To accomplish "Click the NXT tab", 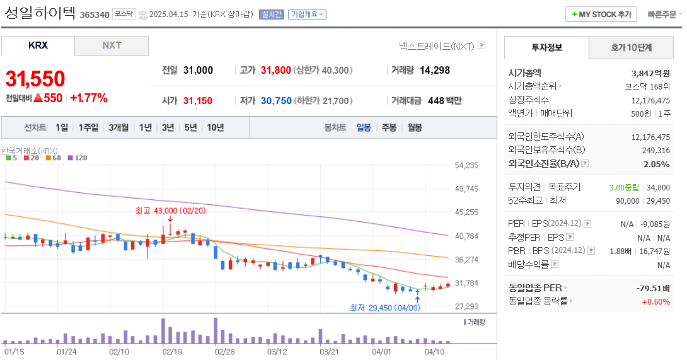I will pyautogui.click(x=112, y=45).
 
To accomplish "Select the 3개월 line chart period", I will pyautogui.click(x=118, y=127).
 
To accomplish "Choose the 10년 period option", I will pyautogui.click(x=215, y=127).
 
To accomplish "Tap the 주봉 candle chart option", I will pyautogui.click(x=389, y=127).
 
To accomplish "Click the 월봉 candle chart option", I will pyautogui.click(x=414, y=127).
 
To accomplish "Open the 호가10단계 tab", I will pyautogui.click(x=631, y=47).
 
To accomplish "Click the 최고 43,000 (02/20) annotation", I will pyautogui.click(x=170, y=210).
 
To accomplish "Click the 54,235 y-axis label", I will pyautogui.click(x=466, y=165).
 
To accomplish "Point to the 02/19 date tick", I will pyautogui.click(x=172, y=351).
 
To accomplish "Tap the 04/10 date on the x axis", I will pyautogui.click(x=436, y=351).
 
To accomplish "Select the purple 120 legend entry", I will pyautogui.click(x=78, y=158).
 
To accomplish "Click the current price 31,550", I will pyautogui.click(x=35, y=79).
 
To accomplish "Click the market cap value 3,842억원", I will pyautogui.click(x=650, y=73).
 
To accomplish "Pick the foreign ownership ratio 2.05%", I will pyautogui.click(x=657, y=164).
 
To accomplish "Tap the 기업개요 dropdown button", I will pyautogui.click(x=307, y=15).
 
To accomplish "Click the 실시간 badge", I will pyautogui.click(x=272, y=15).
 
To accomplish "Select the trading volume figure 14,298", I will pyautogui.click(x=434, y=70).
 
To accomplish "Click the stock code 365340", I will pyautogui.click(x=95, y=15).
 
